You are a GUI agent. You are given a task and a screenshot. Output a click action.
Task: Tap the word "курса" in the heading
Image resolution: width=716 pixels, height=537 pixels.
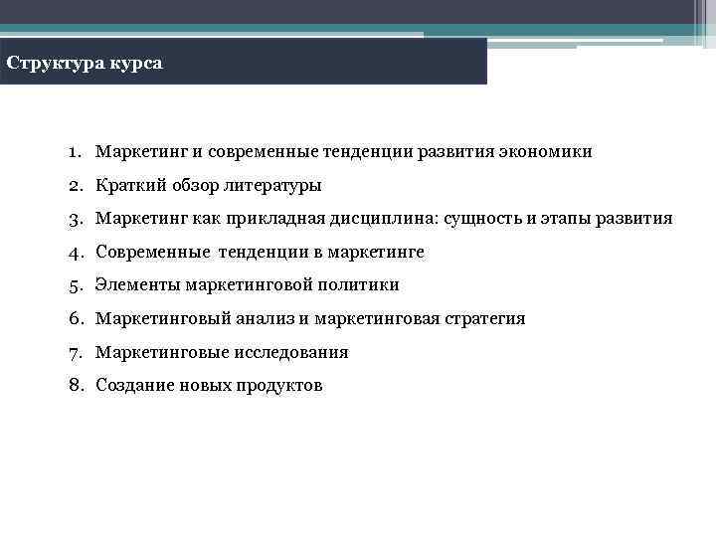[x=131, y=64]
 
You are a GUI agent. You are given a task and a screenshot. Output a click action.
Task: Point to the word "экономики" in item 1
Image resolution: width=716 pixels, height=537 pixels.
[x=550, y=152]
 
